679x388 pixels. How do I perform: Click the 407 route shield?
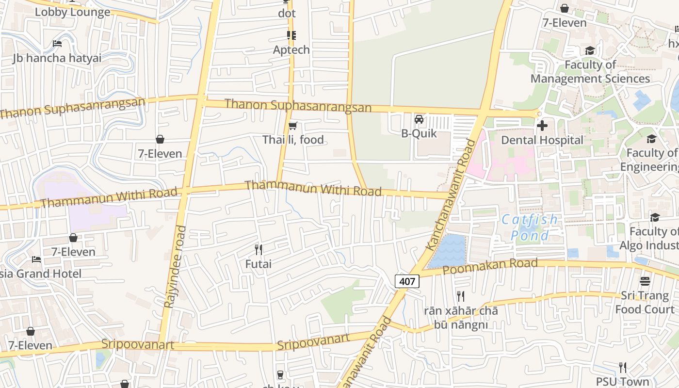(406, 281)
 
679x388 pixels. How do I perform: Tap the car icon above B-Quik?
(419, 119)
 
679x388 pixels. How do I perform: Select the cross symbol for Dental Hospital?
(542, 126)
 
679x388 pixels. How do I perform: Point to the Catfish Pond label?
(530, 227)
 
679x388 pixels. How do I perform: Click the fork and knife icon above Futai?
(259, 250)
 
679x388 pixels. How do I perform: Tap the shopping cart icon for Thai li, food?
(292, 126)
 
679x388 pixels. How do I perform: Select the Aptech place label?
(291, 49)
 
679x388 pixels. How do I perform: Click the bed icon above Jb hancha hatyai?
(57, 44)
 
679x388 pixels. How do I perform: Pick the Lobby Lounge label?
(73, 12)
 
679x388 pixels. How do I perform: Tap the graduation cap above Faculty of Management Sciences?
(590, 51)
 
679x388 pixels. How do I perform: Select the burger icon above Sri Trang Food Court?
(645, 281)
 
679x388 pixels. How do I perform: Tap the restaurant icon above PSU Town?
(623, 367)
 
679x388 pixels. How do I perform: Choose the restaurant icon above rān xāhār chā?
(461, 296)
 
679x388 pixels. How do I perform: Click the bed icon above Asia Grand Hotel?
(36, 259)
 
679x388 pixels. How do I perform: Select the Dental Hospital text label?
(542, 140)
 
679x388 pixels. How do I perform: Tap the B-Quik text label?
(419, 133)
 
